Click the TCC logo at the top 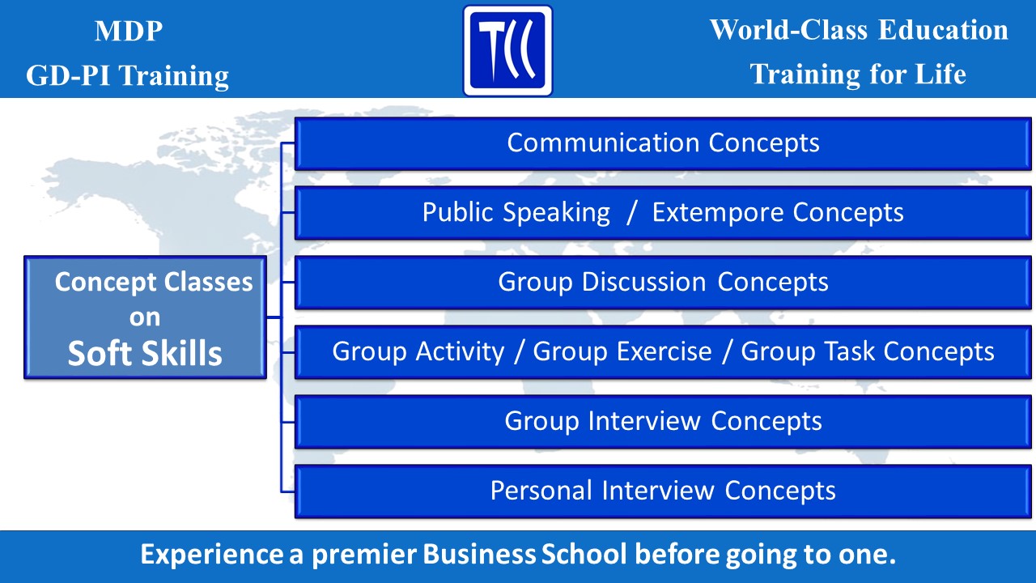(x=507, y=50)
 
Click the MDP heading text (x=129, y=31)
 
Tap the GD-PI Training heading (x=128, y=76)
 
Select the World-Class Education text (x=859, y=30)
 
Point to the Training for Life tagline (x=858, y=74)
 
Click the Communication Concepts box (x=663, y=144)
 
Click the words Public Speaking (x=516, y=213)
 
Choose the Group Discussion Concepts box (x=663, y=283)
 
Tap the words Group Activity (x=418, y=352)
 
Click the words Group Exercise (x=622, y=352)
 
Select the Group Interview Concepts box (x=663, y=422)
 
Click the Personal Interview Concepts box (x=663, y=492)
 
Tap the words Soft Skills (x=145, y=354)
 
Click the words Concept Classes (x=154, y=283)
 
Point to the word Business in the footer (x=479, y=555)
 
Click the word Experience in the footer (x=212, y=555)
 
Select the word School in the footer (x=584, y=555)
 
